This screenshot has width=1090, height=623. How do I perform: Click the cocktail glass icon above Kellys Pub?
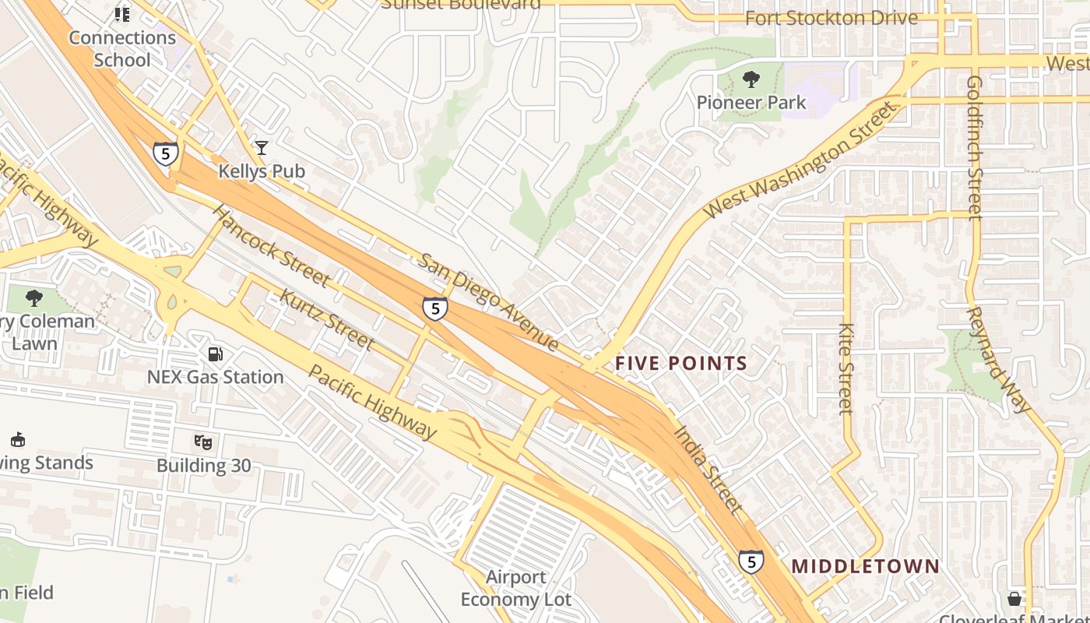[x=262, y=147]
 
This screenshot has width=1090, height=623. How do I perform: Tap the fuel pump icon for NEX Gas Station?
[x=215, y=354]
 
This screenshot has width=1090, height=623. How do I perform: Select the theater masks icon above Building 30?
[x=203, y=442]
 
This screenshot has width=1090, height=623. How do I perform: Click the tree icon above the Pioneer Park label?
[x=751, y=79]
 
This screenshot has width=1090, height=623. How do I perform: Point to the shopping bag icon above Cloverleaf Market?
[x=1014, y=598]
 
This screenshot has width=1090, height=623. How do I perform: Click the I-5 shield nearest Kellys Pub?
[x=165, y=153]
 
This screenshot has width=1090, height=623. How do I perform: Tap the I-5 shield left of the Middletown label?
[x=751, y=561]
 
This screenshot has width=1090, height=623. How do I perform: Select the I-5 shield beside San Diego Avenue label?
[x=435, y=309]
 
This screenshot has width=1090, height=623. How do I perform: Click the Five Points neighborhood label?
[x=681, y=363]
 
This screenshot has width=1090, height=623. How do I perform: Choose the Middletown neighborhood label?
[x=866, y=566]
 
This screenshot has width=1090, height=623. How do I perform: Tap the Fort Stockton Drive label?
[x=832, y=18]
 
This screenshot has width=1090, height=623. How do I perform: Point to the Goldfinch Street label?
[x=975, y=148]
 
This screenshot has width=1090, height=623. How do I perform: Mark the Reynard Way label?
[x=998, y=359]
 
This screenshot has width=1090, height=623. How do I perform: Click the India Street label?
[x=706, y=467]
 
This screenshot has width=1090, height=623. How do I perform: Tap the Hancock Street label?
[x=270, y=245]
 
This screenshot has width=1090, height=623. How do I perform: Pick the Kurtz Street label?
[x=326, y=319]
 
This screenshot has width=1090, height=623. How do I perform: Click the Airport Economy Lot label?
[x=515, y=588]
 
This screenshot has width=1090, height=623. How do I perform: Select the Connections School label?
[x=121, y=48]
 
